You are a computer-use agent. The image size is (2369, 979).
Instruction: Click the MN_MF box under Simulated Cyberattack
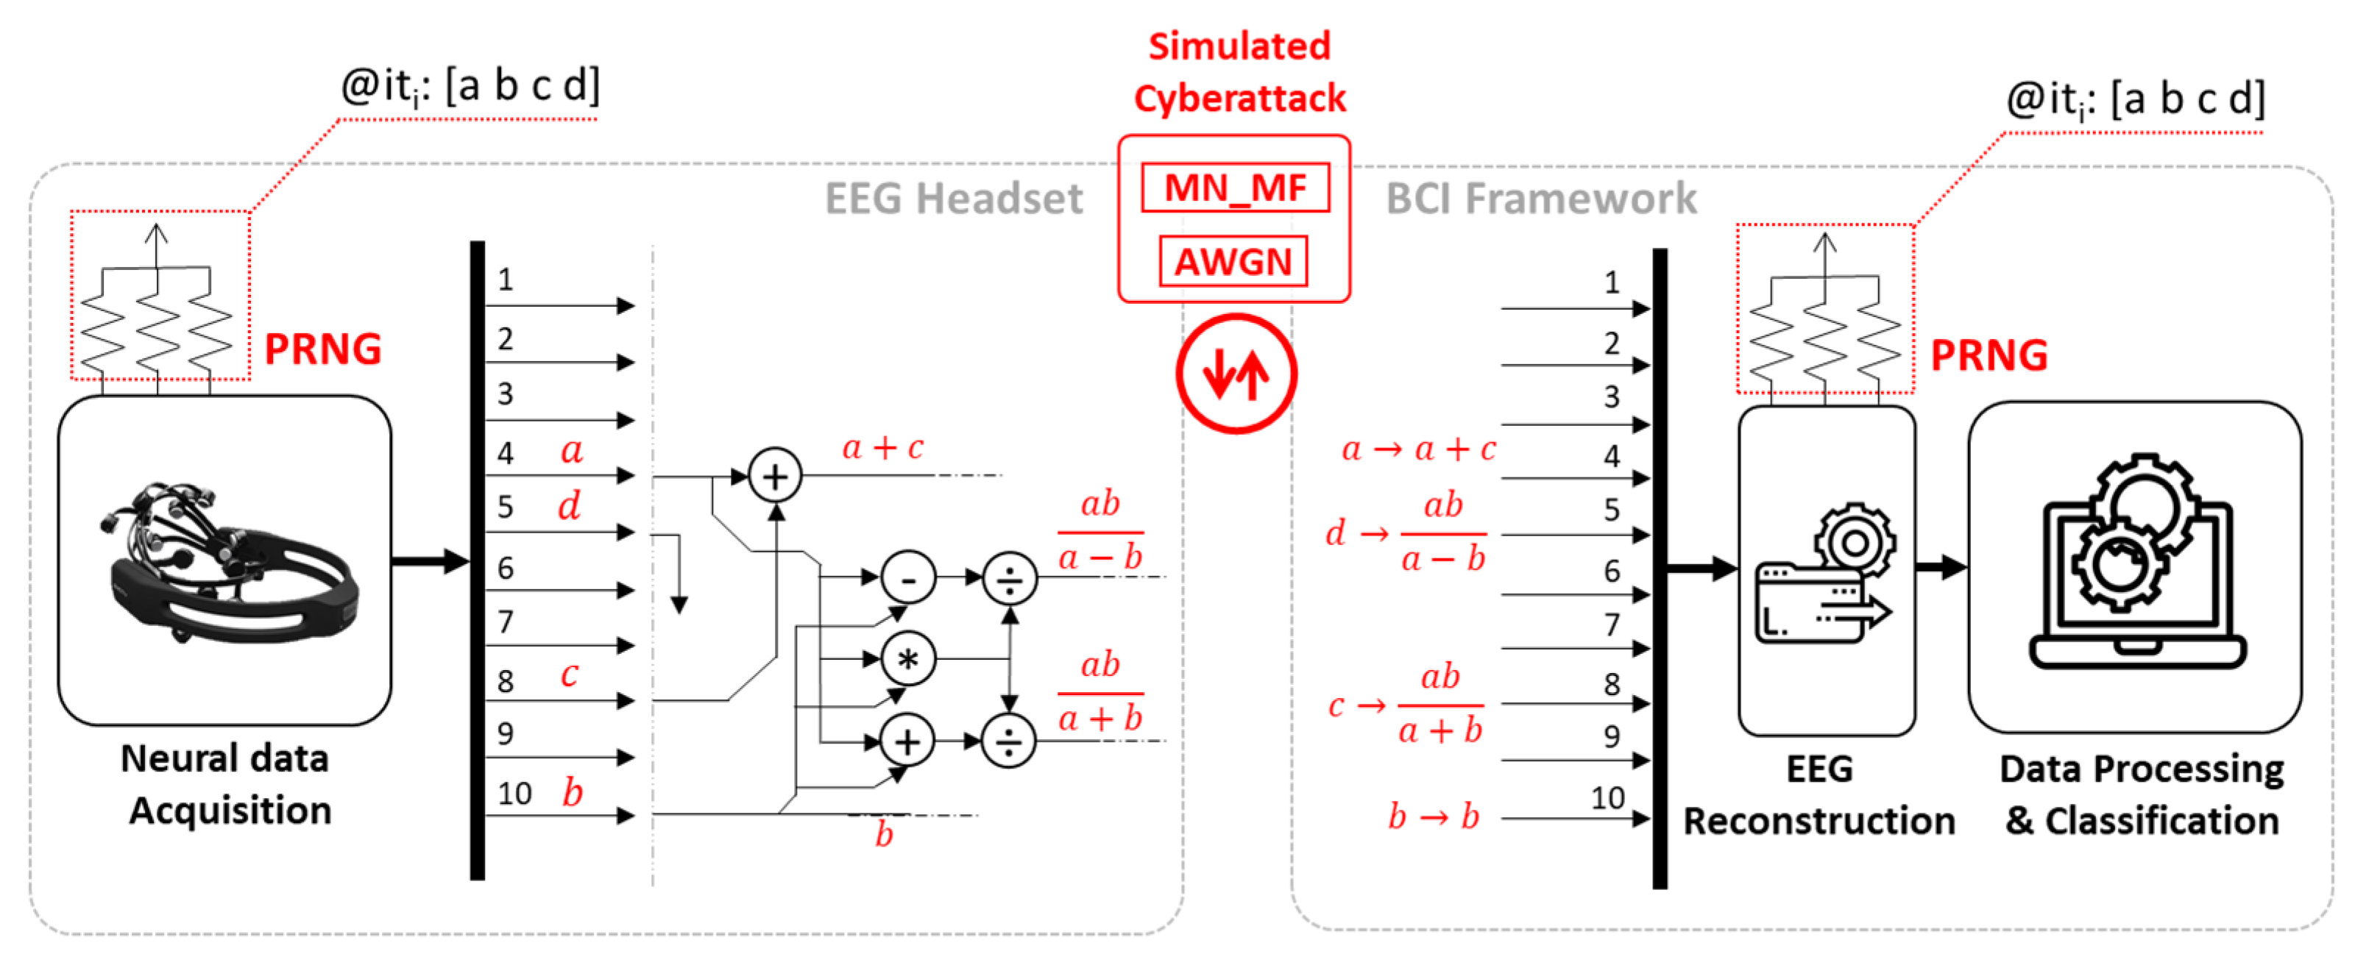click(1234, 188)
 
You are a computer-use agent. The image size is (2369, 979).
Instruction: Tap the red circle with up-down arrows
click(1235, 373)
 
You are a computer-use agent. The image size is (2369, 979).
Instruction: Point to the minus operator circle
click(907, 578)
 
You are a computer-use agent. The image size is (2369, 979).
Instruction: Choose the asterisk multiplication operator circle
click(907, 658)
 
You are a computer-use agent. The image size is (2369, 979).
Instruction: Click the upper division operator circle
click(1009, 578)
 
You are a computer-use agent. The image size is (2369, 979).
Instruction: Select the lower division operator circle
click(1008, 740)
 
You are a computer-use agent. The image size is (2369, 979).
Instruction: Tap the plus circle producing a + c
click(774, 475)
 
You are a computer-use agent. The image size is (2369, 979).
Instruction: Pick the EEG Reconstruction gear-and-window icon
click(1824, 574)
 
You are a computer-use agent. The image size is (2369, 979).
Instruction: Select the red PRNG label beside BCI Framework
click(1989, 355)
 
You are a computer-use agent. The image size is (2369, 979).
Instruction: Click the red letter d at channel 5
click(570, 505)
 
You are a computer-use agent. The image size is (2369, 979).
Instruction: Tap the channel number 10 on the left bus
click(514, 794)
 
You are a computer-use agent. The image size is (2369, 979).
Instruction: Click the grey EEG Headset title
click(953, 199)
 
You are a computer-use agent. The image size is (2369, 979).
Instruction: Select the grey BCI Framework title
click(1540, 199)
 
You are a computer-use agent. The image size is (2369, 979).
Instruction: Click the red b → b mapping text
click(1433, 816)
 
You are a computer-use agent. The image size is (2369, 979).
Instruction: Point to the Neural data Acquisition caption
click(228, 784)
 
